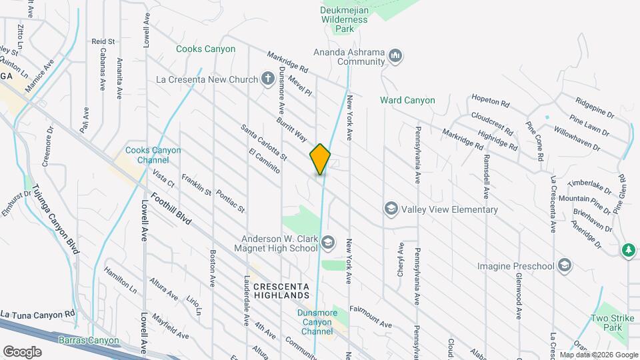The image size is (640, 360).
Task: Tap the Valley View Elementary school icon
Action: click(x=391, y=209)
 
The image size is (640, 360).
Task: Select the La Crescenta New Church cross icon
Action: click(x=267, y=79)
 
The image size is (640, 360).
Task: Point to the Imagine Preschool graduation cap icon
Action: click(x=565, y=266)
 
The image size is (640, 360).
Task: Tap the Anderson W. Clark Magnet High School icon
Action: click(x=327, y=243)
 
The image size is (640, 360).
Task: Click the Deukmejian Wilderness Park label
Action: click(x=344, y=20)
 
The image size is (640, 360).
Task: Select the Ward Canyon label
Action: click(x=407, y=101)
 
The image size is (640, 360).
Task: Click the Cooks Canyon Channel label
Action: click(x=153, y=155)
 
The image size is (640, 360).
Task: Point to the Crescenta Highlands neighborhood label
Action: click(x=281, y=290)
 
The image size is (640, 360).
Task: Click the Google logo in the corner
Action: click(x=22, y=351)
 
